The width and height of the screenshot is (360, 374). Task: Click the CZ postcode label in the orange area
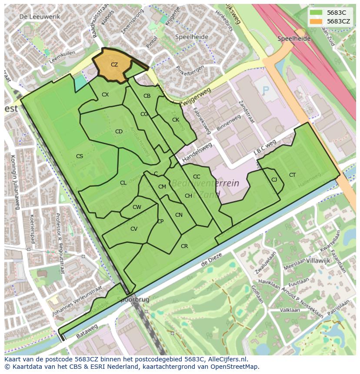(114, 65)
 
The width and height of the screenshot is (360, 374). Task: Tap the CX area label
(105, 95)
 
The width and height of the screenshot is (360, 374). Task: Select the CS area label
(80, 156)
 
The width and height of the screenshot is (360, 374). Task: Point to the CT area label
(292, 175)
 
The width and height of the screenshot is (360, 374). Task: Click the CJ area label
(274, 180)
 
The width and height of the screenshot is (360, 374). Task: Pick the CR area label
(184, 246)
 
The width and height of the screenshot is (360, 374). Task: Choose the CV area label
(134, 229)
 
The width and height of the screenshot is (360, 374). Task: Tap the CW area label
(137, 207)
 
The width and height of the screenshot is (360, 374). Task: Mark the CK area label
(176, 120)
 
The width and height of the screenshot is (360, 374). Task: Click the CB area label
(147, 96)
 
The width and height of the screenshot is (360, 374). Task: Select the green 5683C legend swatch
(316, 13)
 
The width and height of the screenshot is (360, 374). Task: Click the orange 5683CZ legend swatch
(316, 21)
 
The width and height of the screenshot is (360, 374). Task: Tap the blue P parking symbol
(266, 90)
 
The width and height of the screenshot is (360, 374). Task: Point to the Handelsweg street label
(197, 149)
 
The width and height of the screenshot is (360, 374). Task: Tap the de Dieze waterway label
(211, 259)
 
